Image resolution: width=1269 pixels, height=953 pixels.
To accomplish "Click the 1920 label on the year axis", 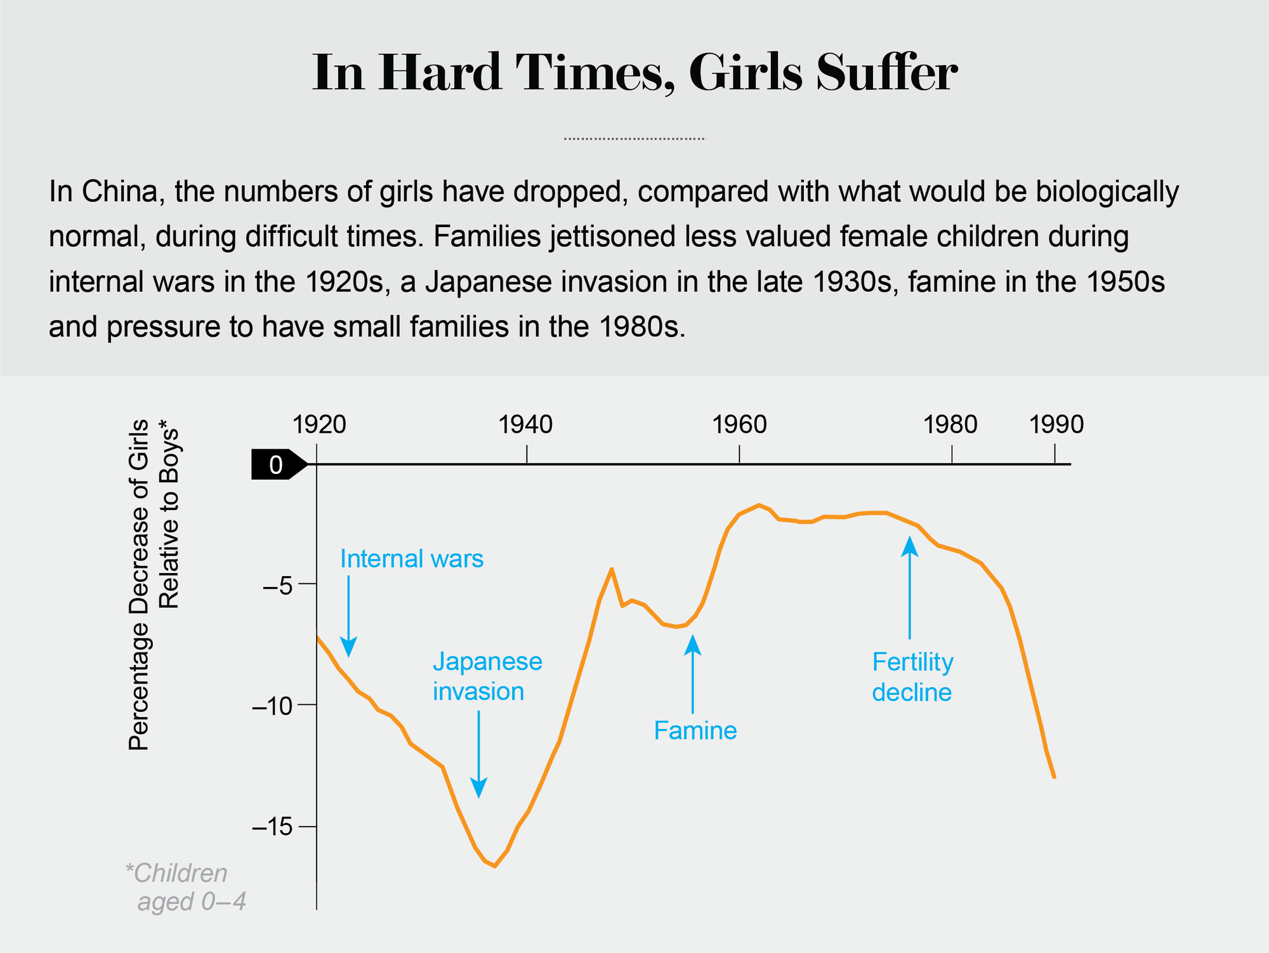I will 319,424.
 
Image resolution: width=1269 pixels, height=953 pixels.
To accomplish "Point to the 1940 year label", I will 525,424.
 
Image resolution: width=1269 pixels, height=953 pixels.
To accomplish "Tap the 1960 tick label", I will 739,424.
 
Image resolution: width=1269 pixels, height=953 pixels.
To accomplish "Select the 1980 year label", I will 950,424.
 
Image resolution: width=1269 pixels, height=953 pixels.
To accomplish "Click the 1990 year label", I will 1056,424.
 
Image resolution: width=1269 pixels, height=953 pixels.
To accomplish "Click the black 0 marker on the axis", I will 277,465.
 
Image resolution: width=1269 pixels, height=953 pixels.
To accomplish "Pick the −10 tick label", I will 272,706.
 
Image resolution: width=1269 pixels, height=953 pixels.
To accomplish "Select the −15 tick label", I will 272,828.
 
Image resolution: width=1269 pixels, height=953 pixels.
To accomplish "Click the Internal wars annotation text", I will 412,559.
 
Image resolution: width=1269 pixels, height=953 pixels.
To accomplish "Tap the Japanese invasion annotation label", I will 487,676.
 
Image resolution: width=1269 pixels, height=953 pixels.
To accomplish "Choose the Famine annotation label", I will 695,731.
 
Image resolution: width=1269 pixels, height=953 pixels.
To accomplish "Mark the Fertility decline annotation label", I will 912,677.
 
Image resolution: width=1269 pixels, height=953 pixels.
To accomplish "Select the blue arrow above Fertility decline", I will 910,588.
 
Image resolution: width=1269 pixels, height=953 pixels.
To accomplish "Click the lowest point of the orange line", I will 494,866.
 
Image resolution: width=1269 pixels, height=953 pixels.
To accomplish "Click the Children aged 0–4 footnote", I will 184,887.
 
